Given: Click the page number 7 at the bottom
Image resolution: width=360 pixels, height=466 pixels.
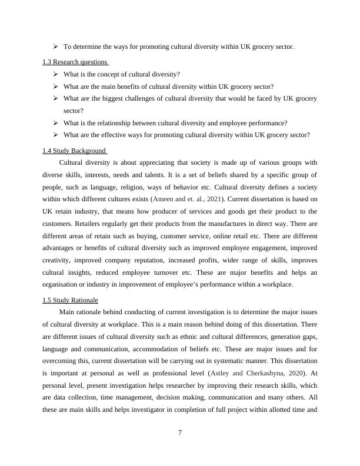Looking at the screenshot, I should point(180,434).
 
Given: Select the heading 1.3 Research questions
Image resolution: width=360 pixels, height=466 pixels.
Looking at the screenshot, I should point(75,62).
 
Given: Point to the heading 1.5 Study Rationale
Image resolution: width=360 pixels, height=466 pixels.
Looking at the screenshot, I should point(70,300).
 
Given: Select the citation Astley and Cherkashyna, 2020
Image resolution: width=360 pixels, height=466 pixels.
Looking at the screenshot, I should point(247,372).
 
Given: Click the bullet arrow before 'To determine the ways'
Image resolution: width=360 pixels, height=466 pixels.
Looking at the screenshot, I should point(55,46).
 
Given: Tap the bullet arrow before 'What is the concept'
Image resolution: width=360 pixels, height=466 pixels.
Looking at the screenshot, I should point(55,74).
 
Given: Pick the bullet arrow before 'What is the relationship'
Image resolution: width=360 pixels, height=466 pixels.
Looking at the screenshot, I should point(55,122).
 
